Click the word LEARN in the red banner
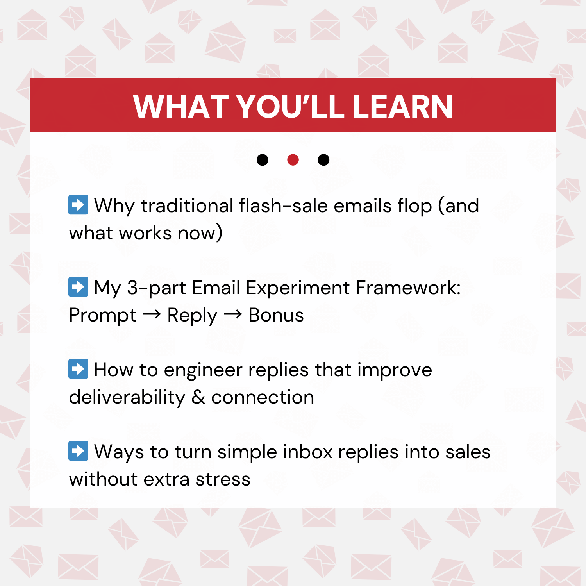coord(402,106)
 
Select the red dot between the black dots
coord(293,160)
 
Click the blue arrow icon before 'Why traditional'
coord(78,205)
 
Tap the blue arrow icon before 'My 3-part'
coord(78,287)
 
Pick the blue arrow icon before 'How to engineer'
coord(78,369)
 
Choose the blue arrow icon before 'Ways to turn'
coord(78,451)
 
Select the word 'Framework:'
coord(408,288)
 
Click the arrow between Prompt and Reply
coord(152,314)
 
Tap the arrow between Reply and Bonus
coord(233,314)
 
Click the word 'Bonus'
coord(276,315)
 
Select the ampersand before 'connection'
coord(198,397)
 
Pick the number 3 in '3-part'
coord(132,288)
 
